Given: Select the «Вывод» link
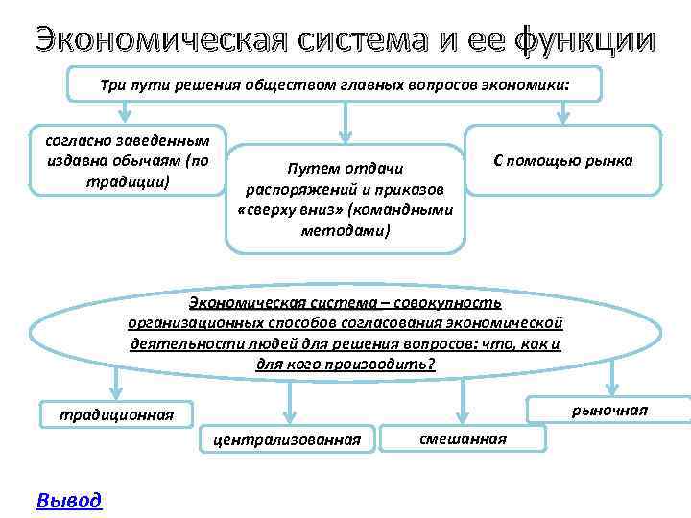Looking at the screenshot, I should click(68, 500).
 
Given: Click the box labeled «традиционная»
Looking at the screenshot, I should click(116, 414).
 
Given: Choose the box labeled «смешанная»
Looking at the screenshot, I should click(463, 437).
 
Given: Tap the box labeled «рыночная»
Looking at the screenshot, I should click(609, 410).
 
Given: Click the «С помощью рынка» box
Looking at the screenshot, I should click(562, 160).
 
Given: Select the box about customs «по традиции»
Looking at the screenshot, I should click(127, 159).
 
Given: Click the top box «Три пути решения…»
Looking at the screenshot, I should click(334, 84).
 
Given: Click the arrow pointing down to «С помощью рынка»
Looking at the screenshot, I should click(563, 113).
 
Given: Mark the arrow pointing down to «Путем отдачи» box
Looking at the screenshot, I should click(345, 123).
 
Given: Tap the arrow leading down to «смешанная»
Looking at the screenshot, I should click(463, 398).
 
